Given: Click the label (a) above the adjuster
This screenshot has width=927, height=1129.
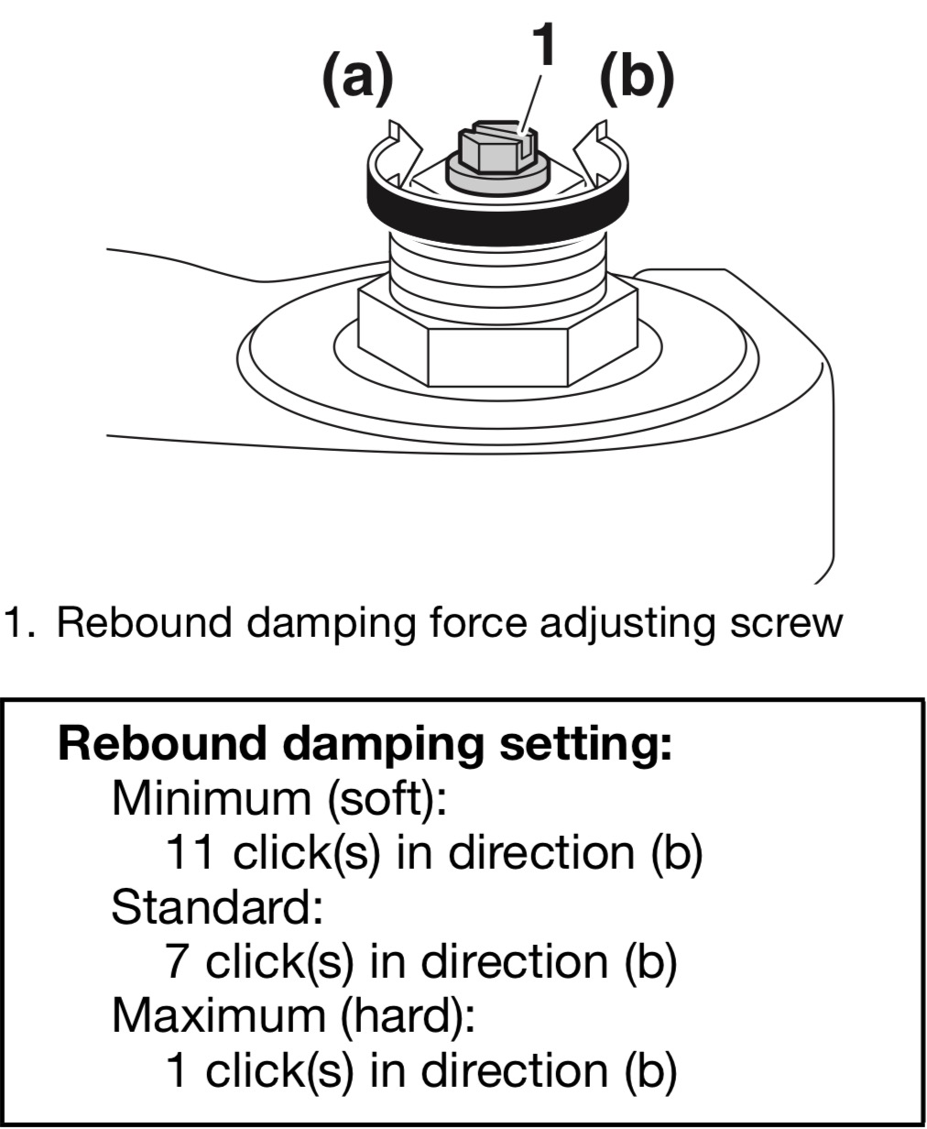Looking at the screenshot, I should point(357,79).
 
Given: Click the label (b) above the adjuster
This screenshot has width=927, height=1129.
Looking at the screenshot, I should point(637,79).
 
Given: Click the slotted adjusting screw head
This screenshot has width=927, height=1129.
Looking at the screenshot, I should point(497,148).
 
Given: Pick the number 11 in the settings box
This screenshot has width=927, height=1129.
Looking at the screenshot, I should point(191,853).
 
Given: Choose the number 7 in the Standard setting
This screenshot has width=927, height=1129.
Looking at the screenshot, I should point(178,962).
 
